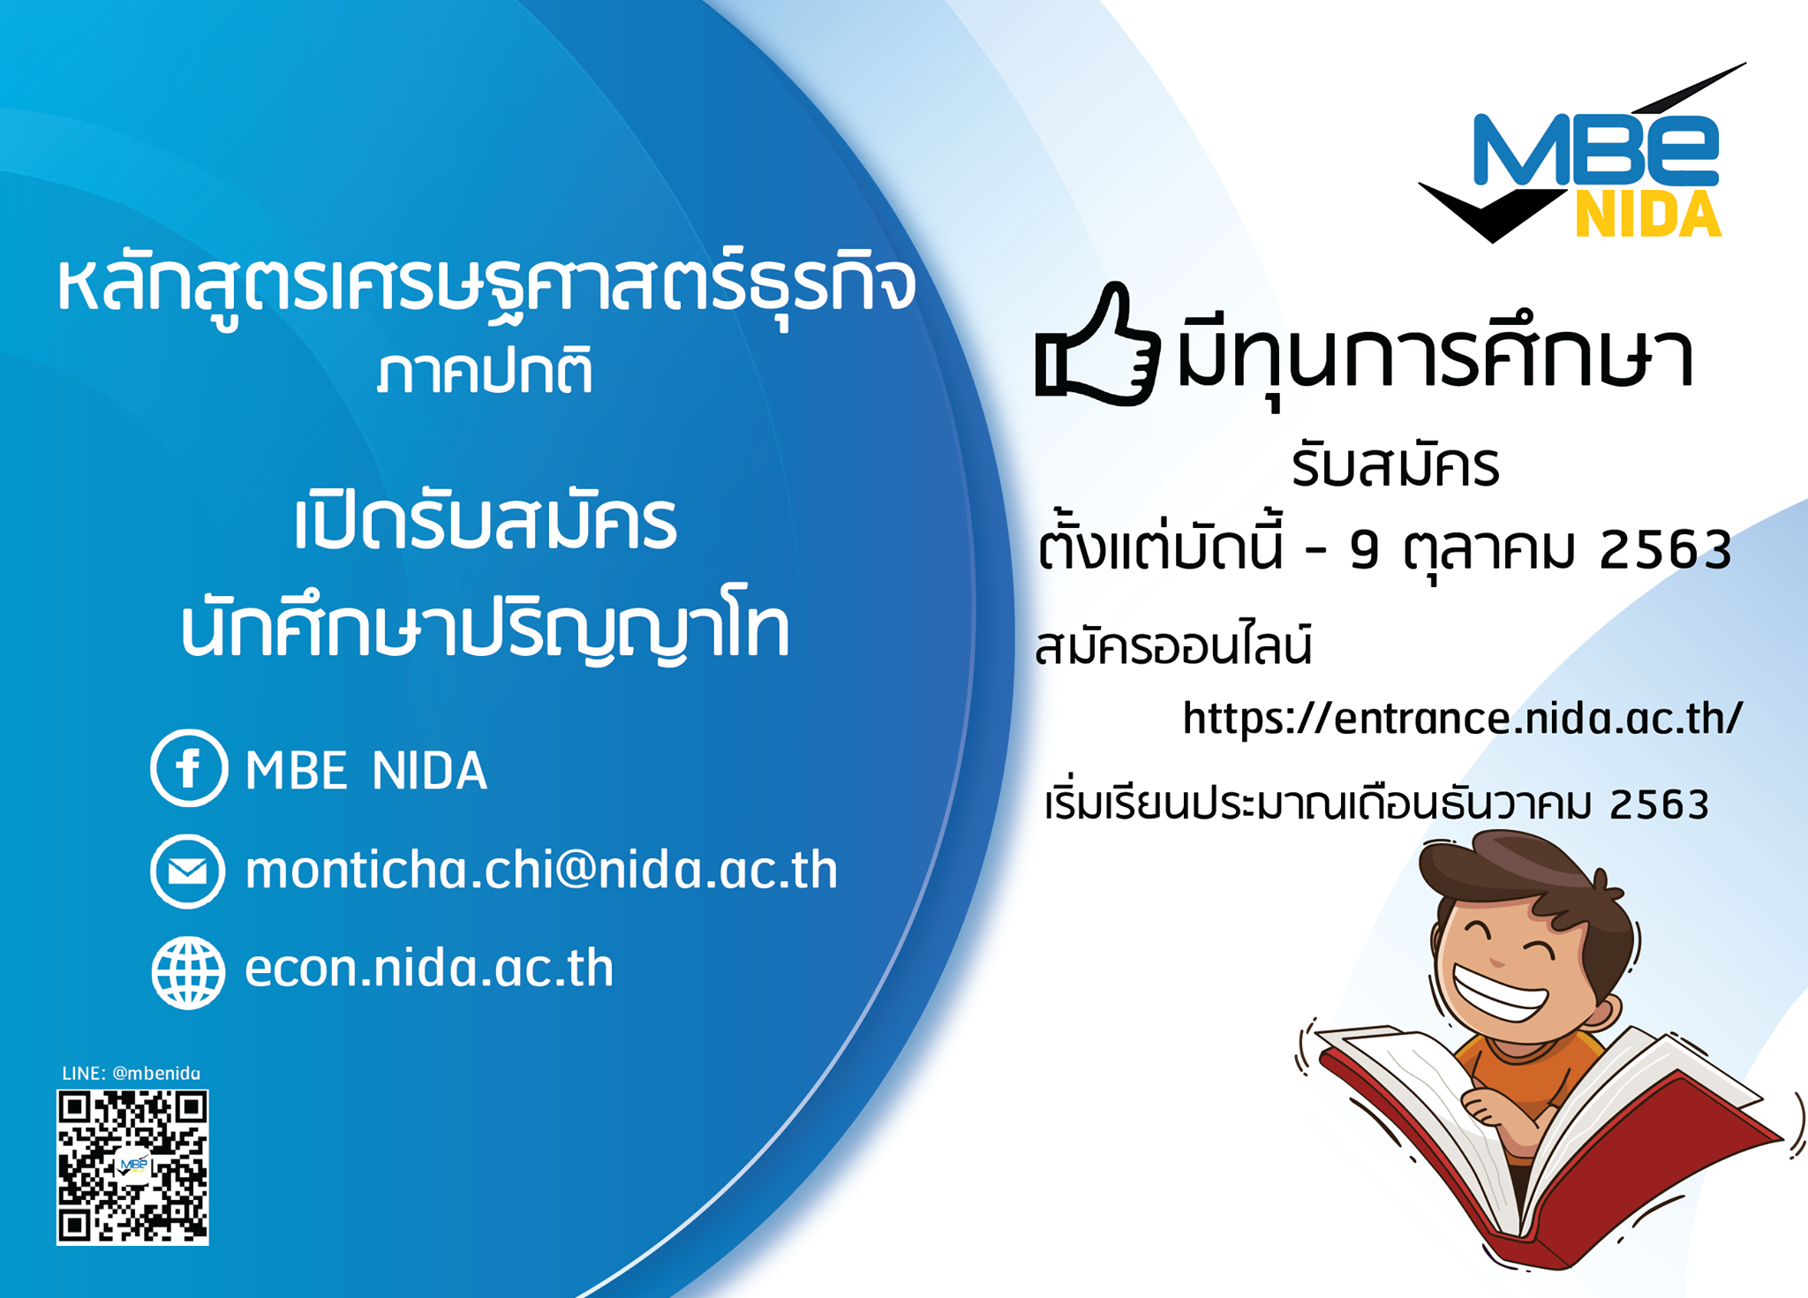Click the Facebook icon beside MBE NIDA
pos(189,767)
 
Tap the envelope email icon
pos(187,871)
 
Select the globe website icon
pos(188,972)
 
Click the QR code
pos(132,1166)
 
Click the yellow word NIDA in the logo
pos(1648,214)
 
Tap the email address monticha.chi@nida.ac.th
pos(541,870)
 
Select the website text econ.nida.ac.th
pos(429,968)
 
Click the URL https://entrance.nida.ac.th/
pos(1462,718)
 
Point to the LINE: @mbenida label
pos(131,1073)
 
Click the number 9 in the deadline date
pos(1364,550)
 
